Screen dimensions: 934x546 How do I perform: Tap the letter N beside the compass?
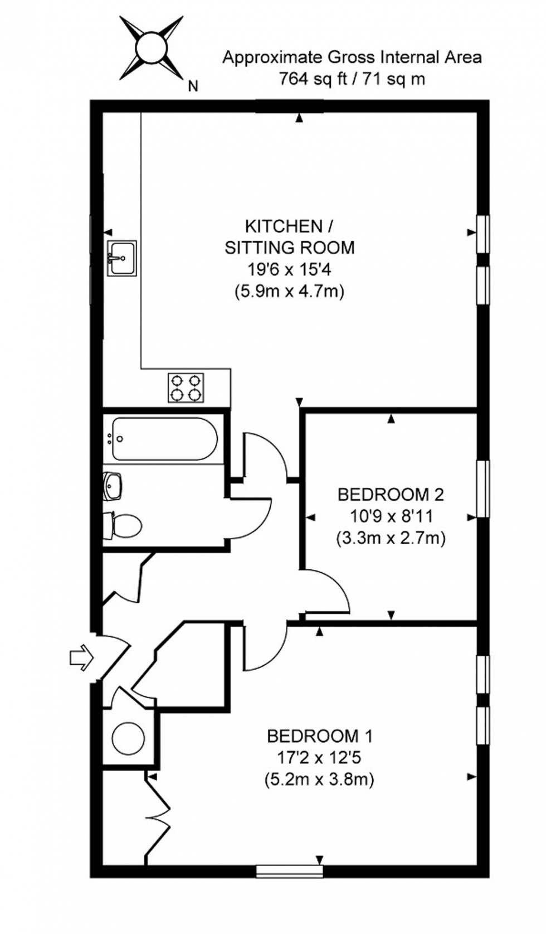[x=193, y=86]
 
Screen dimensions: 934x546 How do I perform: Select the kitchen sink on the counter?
[x=122, y=258]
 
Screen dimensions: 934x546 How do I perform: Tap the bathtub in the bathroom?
[x=163, y=439]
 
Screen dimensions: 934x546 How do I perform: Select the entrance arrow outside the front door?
[x=80, y=658]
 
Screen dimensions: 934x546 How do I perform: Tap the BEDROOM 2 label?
[x=391, y=494]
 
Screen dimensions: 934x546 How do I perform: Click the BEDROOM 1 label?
[x=320, y=736]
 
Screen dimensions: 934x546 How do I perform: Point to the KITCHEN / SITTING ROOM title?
[x=289, y=236]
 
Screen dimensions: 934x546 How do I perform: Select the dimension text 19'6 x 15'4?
[x=289, y=269]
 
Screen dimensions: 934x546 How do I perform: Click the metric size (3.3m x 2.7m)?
[x=391, y=538]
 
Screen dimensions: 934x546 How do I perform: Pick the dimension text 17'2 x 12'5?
[x=319, y=758]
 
